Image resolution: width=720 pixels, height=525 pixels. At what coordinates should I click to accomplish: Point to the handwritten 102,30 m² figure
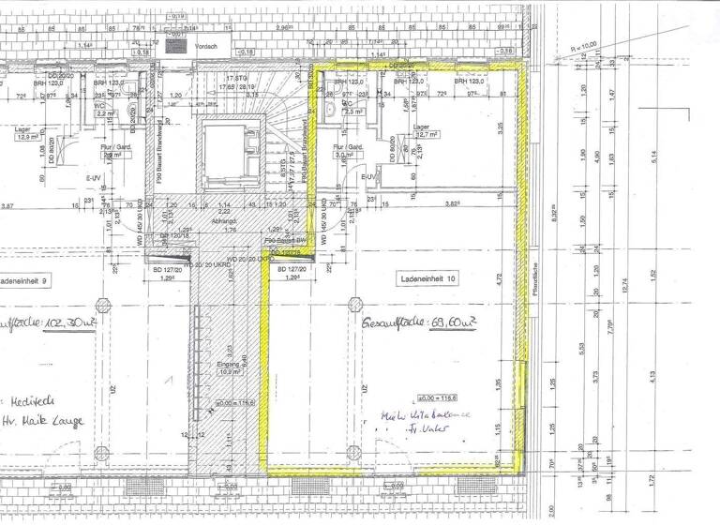pos(42,331)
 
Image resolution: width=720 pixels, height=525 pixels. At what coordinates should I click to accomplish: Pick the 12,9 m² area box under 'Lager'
pos(24,136)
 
